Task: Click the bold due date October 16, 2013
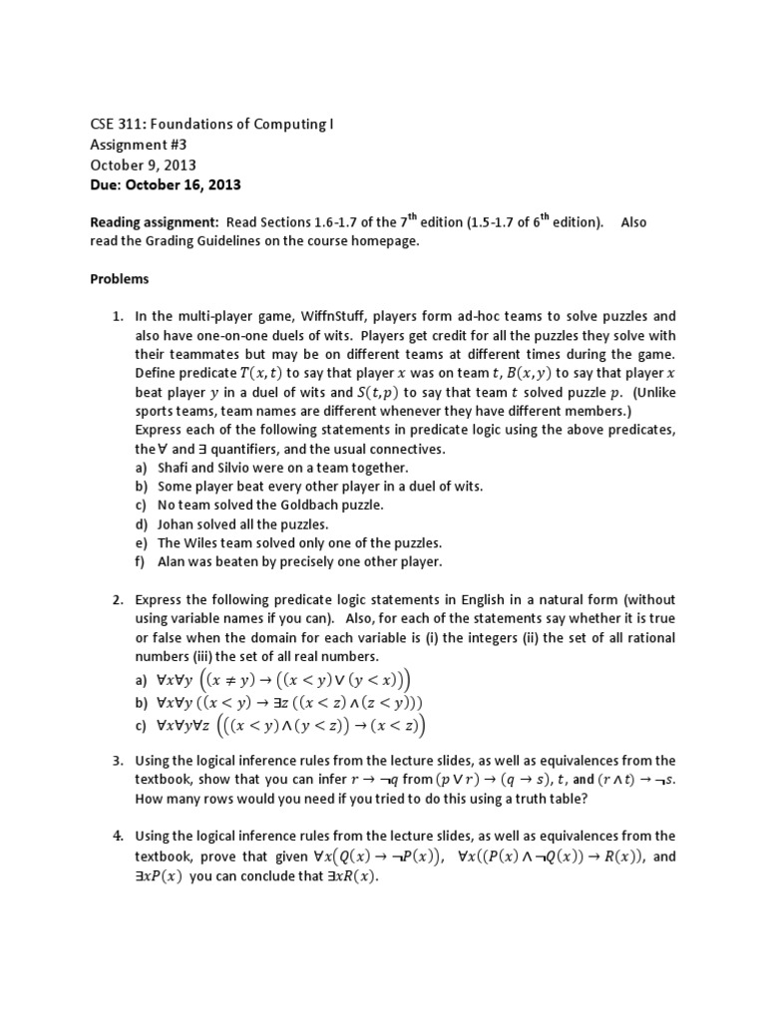186,185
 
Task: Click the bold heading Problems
120,280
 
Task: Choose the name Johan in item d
177,523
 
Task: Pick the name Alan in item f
174,561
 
